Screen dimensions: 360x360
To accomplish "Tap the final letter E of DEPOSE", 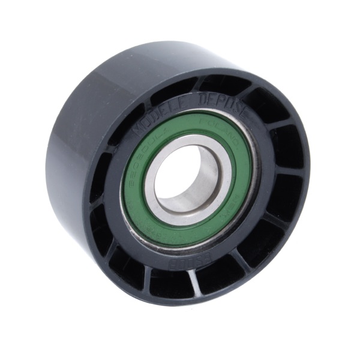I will pos(229,108).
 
